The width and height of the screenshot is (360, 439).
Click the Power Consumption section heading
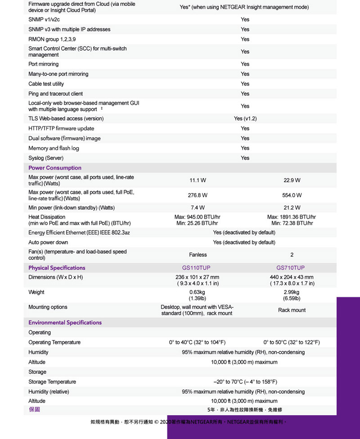[x=55, y=168]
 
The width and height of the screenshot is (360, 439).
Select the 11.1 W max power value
[x=198, y=180]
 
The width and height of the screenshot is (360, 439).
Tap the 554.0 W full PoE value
[x=292, y=195]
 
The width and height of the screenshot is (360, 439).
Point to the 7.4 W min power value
[x=198, y=207]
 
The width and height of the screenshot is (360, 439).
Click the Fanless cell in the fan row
[x=198, y=255]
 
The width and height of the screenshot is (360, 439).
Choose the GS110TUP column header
[x=196, y=268]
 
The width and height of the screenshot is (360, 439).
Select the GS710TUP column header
[x=290, y=268]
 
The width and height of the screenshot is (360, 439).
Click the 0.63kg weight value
[x=198, y=292]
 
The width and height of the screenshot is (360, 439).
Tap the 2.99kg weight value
[x=292, y=292]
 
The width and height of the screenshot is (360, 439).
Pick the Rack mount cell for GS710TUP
[x=292, y=310]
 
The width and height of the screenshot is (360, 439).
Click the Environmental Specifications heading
[x=65, y=323]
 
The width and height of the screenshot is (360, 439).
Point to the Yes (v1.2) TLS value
[x=245, y=119]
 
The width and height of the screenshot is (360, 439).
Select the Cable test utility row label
[x=46, y=84]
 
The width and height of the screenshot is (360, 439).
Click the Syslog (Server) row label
[x=45, y=158]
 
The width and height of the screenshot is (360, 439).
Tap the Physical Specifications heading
[x=57, y=268]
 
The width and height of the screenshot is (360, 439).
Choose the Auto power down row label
[x=48, y=242]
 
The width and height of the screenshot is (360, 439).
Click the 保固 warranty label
[x=34, y=410]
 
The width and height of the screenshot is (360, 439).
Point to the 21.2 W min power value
[x=292, y=207]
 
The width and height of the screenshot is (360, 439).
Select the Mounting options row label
[x=48, y=307]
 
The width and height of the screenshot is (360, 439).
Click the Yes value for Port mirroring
[x=245, y=64]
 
